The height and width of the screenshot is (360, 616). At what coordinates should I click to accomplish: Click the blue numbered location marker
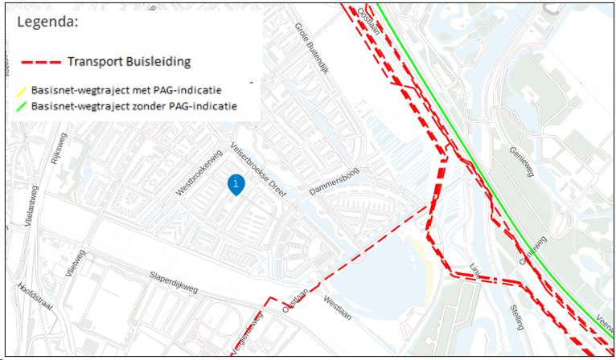pyautogui.click(x=236, y=184)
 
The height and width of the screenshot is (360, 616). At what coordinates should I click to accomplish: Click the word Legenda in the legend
pyautogui.click(x=47, y=22)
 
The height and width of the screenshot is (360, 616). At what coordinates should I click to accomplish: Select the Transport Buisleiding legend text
pyautogui.click(x=129, y=61)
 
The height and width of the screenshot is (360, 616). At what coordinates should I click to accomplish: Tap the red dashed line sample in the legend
pyautogui.click(x=40, y=62)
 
